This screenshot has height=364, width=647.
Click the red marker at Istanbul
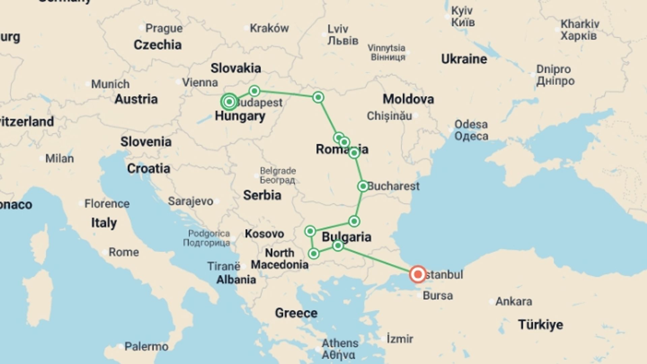(x=418, y=274)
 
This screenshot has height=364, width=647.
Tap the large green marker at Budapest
(x=229, y=101)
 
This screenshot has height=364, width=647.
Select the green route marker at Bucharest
(x=363, y=186)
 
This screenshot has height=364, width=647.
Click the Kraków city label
(x=269, y=28)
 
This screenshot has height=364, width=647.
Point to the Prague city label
(x=164, y=28)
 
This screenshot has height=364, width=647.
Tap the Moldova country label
(x=408, y=99)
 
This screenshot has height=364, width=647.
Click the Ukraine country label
(x=464, y=59)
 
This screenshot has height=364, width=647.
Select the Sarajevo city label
(x=190, y=201)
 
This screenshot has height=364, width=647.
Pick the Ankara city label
(x=514, y=301)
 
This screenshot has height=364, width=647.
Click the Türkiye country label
(x=541, y=325)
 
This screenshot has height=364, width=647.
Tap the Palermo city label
(x=146, y=346)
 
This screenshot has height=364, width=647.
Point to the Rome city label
(x=123, y=252)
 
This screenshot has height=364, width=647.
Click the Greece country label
(x=296, y=313)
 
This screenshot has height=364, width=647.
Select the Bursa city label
(x=438, y=296)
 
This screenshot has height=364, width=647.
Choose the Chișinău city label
(x=389, y=116)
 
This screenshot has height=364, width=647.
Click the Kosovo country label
(x=264, y=234)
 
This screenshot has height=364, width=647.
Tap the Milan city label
(x=59, y=158)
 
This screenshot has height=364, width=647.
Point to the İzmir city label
(x=400, y=339)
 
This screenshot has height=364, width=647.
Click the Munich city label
(x=110, y=84)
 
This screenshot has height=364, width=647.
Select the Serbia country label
(x=262, y=195)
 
